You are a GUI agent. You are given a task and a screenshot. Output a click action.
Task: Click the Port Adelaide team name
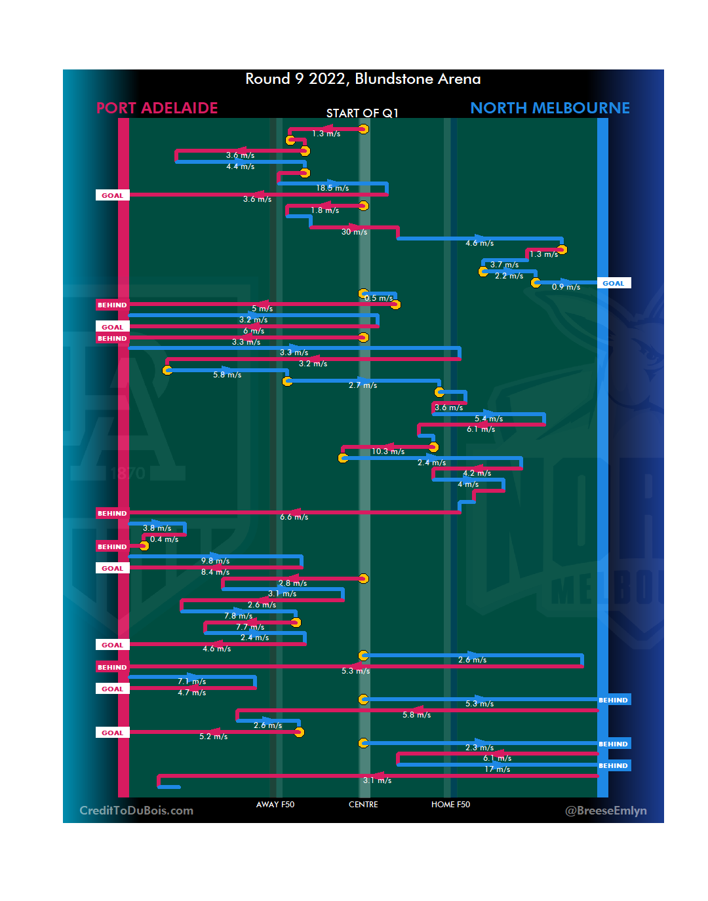157,108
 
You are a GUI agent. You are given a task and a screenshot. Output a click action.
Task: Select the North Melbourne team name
550,108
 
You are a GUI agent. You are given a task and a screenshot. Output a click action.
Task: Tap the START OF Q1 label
363,113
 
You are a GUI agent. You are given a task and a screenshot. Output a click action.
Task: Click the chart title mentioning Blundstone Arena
363,79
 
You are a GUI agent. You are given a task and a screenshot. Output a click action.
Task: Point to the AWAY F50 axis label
275,805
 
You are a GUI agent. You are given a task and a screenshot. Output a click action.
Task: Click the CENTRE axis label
363,805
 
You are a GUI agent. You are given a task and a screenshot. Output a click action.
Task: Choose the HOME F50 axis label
450,805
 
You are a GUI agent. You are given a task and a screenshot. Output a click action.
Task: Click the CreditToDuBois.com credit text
136,811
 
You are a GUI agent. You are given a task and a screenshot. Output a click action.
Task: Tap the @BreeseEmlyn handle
606,811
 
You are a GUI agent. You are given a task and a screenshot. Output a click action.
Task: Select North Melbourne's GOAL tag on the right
614,284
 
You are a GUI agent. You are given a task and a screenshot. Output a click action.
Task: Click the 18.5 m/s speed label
332,188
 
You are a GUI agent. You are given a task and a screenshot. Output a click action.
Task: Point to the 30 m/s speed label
354,232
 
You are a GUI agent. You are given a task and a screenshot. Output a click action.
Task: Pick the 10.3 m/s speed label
388,451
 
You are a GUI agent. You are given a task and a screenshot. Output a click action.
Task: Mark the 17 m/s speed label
497,769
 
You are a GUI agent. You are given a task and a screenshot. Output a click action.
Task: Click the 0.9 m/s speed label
566,287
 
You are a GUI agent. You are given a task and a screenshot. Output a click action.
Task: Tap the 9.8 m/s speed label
215,561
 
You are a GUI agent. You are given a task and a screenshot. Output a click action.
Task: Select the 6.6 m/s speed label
294,517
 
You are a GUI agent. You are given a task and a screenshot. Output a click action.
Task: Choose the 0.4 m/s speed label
164,539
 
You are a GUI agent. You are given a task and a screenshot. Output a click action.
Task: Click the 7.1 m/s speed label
191,681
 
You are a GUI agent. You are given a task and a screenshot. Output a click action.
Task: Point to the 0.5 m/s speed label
379,298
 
